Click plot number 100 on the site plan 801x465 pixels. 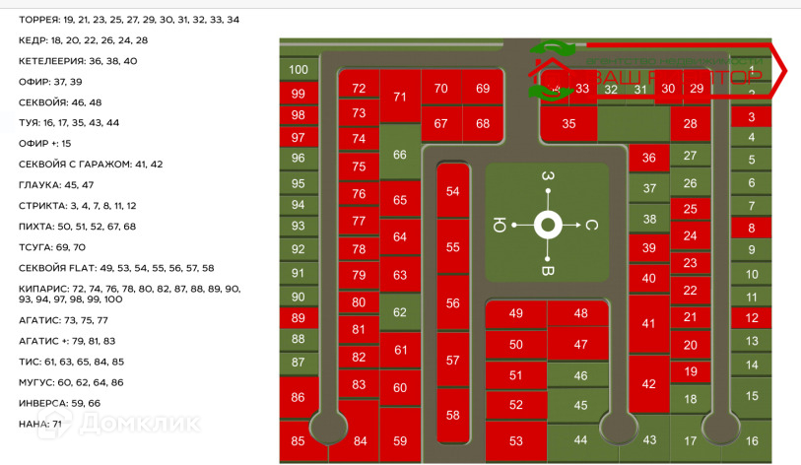(x=299, y=70)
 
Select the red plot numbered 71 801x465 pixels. (x=399, y=97)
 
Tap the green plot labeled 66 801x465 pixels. (x=399, y=155)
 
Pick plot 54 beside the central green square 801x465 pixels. (x=452, y=191)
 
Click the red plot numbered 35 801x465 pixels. (x=568, y=124)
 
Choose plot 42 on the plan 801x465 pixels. (x=648, y=385)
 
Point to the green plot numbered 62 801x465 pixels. (x=399, y=312)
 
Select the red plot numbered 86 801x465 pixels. (x=299, y=397)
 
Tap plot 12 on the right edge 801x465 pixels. (x=752, y=317)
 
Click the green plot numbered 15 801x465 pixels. (x=752, y=395)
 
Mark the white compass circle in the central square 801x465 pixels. (x=548, y=225)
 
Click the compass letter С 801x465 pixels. (x=592, y=225)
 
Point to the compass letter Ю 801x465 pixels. (x=500, y=225)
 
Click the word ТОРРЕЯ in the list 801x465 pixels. (x=38, y=20)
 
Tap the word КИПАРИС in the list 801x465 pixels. (x=43, y=288)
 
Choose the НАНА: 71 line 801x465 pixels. (x=40, y=424)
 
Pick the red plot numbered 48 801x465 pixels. (x=580, y=313)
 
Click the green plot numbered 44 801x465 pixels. (x=580, y=440)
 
